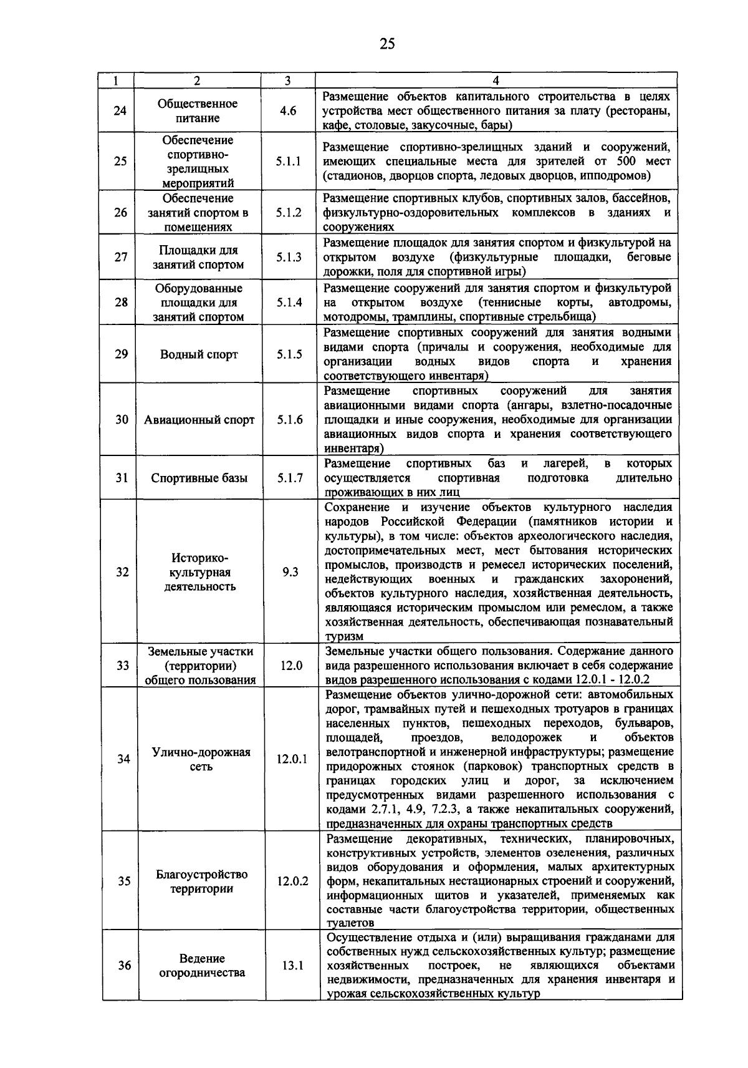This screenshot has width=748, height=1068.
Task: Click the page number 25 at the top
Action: [387, 43]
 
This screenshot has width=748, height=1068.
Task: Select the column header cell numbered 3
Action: [287, 80]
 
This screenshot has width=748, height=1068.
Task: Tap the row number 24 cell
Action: [120, 111]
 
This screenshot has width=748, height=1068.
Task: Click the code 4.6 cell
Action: [288, 111]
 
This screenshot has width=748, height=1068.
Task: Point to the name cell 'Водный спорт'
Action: [199, 354]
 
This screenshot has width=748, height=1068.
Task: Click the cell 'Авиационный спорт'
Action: [199, 420]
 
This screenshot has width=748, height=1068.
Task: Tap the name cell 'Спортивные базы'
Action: [199, 478]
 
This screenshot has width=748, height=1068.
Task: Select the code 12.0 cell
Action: [291, 666]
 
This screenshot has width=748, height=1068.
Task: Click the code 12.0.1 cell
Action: [292, 759]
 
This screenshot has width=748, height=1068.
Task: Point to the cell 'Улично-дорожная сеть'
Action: [201, 759]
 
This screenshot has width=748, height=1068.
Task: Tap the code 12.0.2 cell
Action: [292, 881]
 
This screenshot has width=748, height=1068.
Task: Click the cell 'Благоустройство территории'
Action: [201, 881]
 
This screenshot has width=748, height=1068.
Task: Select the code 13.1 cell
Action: [292, 965]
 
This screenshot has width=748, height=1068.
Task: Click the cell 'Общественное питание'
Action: [197, 111]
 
